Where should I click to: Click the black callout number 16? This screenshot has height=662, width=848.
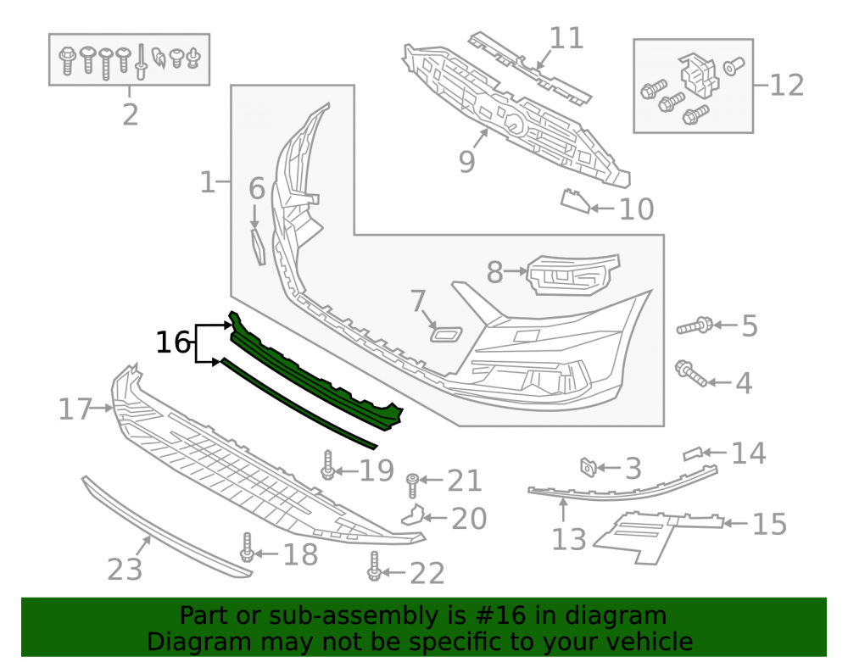(173, 342)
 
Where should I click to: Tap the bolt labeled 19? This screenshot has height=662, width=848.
(327, 465)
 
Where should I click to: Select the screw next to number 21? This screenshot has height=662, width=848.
(413, 486)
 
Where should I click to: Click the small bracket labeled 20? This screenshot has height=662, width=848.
(413, 515)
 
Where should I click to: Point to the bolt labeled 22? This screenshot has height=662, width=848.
(374, 566)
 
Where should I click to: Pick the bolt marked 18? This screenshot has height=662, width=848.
(247, 548)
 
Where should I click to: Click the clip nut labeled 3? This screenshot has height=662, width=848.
(588, 467)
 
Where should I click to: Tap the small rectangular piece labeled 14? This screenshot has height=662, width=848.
(692, 454)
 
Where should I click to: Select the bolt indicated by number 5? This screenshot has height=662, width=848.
(695, 325)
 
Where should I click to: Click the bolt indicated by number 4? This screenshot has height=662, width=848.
(691, 374)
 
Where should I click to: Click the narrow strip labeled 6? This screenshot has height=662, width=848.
(259, 247)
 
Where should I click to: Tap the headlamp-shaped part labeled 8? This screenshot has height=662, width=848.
(573, 275)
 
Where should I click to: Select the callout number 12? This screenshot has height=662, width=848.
(786, 86)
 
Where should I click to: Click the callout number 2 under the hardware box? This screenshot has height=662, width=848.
(131, 114)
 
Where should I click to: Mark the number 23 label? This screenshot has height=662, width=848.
(125, 570)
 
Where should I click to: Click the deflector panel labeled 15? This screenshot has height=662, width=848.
(658, 537)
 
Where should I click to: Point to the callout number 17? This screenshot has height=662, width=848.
(75, 409)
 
